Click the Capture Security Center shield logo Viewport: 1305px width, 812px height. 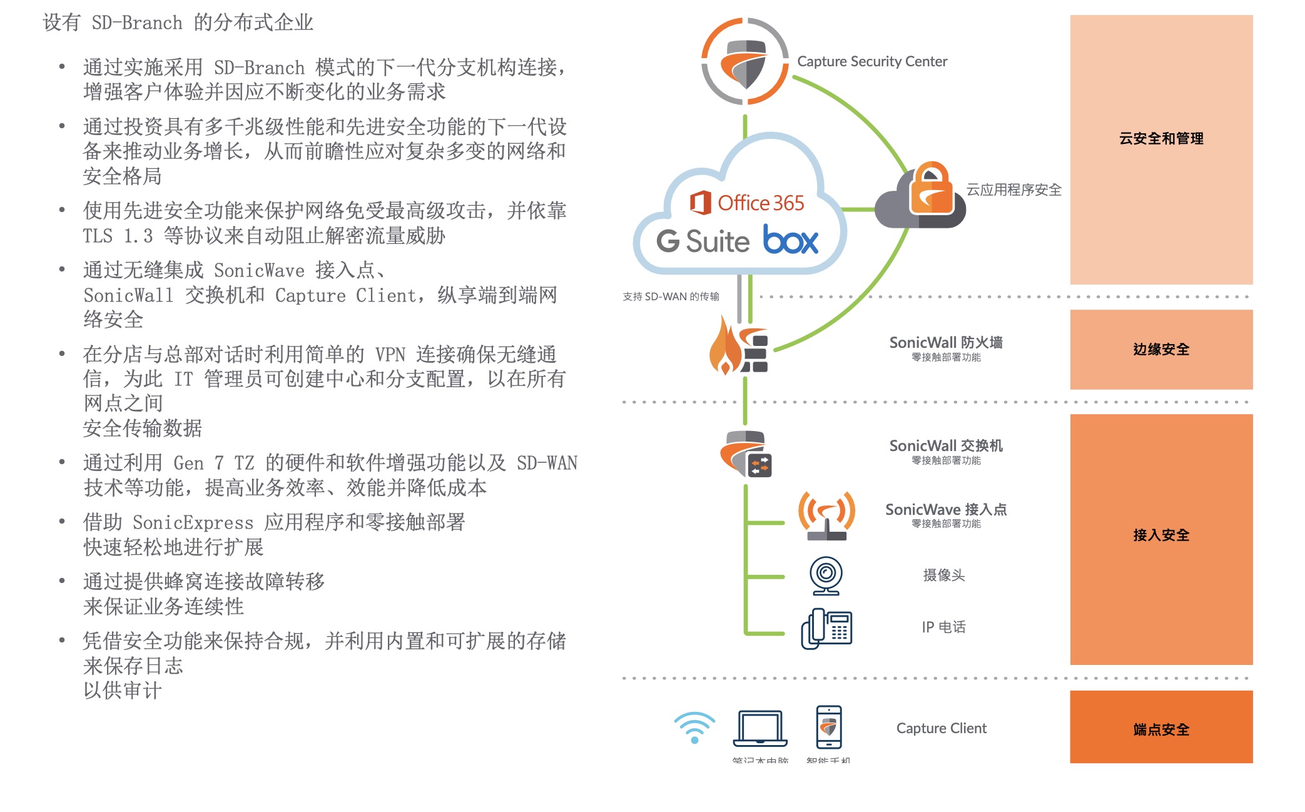744,62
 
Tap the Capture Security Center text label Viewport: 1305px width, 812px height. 871,61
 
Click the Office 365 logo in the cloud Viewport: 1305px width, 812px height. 747,203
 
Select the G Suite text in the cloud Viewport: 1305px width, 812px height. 703,241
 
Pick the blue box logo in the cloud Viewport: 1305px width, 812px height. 791,240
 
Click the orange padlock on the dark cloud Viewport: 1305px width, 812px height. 931,190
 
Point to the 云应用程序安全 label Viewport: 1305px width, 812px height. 1013,190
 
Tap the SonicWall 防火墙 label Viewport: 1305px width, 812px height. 945,342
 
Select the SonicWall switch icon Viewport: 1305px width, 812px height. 747,454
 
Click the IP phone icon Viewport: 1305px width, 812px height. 826,628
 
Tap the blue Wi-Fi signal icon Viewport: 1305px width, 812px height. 694,728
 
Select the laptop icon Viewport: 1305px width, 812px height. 759,728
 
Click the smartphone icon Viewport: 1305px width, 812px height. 829,727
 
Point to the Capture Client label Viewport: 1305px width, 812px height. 941,728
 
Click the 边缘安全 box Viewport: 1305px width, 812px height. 1160,349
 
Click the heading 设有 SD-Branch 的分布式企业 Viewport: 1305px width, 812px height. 178,23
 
